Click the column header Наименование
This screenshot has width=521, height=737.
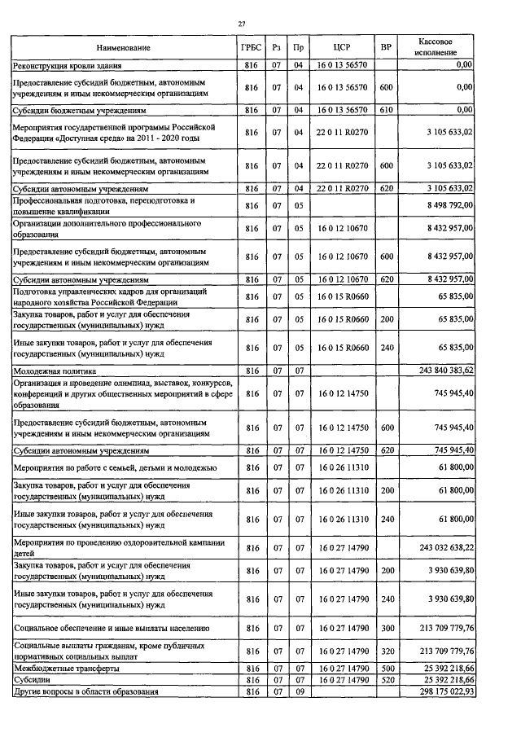tap(122, 48)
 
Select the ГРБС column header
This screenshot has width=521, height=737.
tap(252, 48)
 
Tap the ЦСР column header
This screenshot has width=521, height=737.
tap(341, 48)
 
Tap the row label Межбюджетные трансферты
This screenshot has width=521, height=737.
tap(65, 668)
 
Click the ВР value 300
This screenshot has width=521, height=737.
tap(386, 628)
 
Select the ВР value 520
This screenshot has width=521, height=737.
tap(386, 679)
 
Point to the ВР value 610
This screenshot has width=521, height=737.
tap(386, 109)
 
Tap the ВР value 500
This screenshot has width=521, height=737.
tap(386, 668)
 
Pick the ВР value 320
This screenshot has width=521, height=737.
tap(386, 651)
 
